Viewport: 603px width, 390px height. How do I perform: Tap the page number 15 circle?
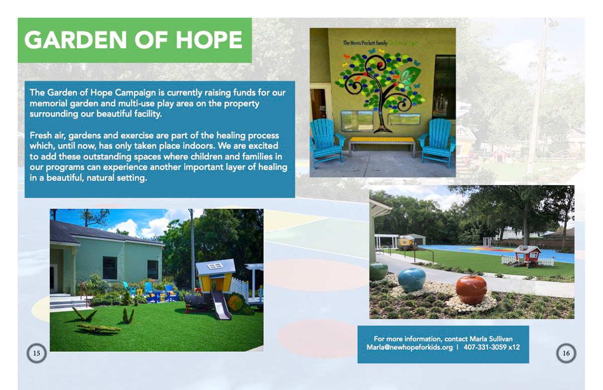(x=36, y=353)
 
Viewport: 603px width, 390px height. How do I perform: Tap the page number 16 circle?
(x=566, y=353)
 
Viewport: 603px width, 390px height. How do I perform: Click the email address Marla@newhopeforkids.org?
(x=410, y=347)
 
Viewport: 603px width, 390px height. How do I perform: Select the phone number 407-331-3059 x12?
(x=491, y=347)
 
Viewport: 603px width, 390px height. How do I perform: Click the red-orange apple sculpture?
(x=471, y=289)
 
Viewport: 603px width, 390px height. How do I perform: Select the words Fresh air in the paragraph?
(x=48, y=136)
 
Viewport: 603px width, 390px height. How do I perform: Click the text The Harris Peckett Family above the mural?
(x=365, y=44)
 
